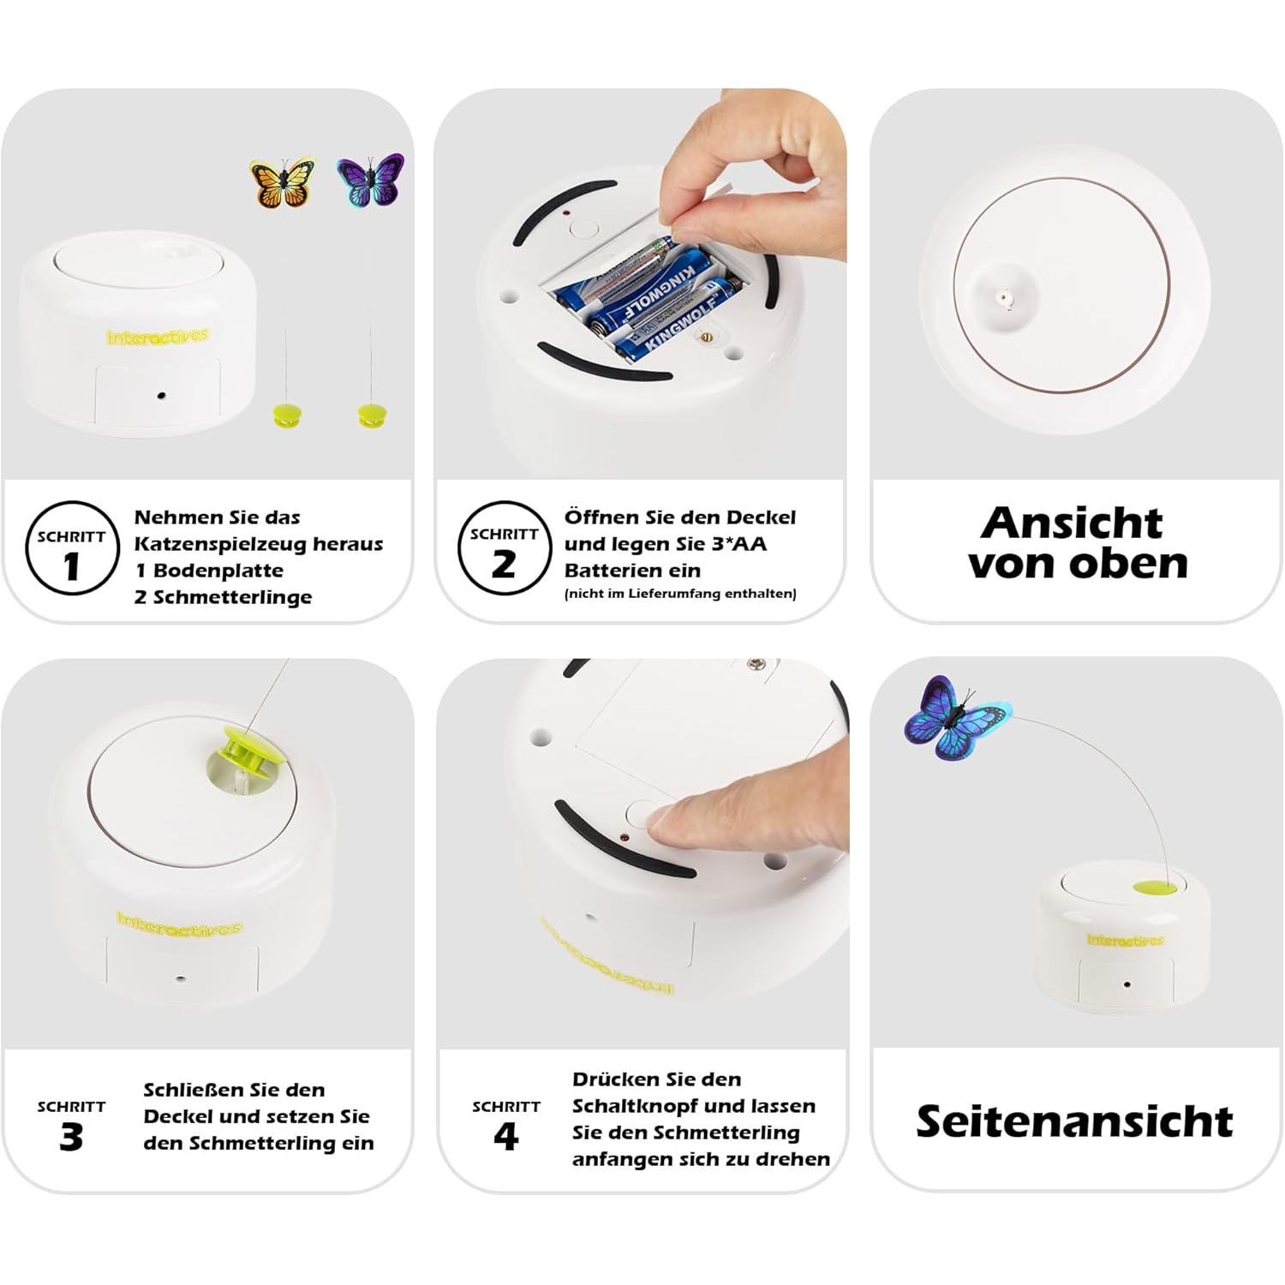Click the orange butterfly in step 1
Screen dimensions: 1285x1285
[x=282, y=182]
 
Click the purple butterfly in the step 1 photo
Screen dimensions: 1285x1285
[x=370, y=180]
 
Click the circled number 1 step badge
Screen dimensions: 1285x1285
[x=72, y=548]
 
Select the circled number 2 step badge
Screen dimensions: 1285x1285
[x=504, y=548]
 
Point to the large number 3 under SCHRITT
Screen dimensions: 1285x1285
[x=71, y=1137]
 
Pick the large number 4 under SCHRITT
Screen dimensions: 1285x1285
[x=506, y=1137]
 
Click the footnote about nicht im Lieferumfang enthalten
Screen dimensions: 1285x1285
[x=680, y=594]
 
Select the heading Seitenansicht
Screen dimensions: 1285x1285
[x=1074, y=1121]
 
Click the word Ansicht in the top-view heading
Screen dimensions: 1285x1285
[x=1072, y=523]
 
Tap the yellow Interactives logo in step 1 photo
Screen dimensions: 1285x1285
[x=158, y=337]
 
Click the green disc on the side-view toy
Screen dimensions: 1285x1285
[x=1156, y=886]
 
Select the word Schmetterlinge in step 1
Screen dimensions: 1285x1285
[x=232, y=597]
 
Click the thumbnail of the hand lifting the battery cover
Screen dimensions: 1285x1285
[x=641, y=283]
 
